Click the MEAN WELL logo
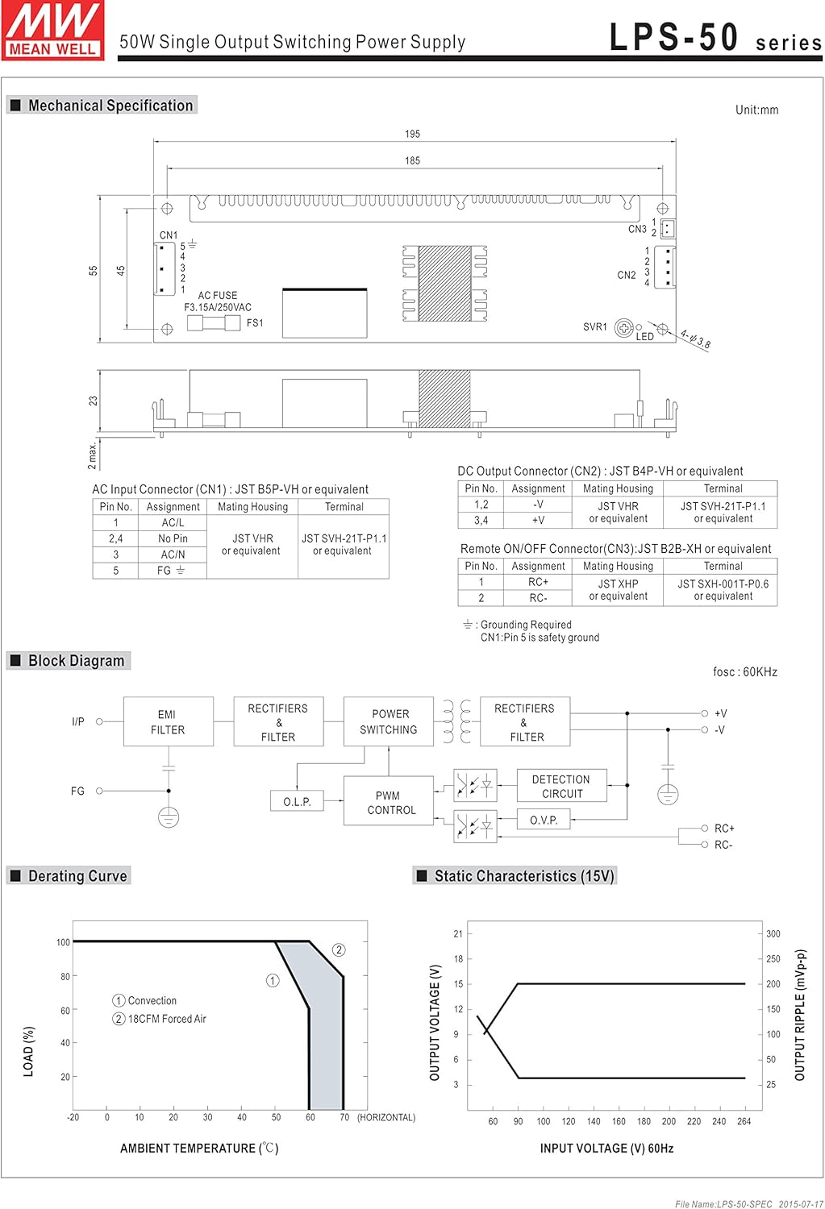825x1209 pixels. (x=52, y=31)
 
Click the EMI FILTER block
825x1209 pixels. (x=169, y=721)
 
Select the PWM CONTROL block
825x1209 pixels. (x=389, y=803)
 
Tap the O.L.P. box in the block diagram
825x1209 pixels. (x=297, y=801)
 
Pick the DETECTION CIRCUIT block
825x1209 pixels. (x=561, y=787)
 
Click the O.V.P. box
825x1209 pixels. (x=544, y=820)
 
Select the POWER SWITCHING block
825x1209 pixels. (x=389, y=721)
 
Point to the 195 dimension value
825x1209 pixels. (x=413, y=134)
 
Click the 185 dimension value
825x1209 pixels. (x=413, y=161)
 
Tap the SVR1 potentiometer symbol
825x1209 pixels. (x=624, y=327)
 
